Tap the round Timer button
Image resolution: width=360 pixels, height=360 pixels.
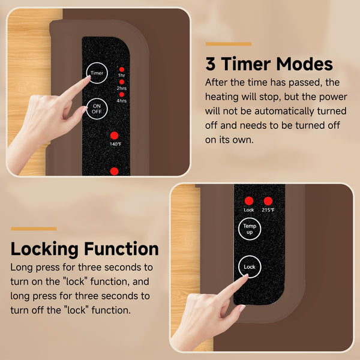coord(97,73)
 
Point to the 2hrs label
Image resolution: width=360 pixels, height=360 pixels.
coord(122,88)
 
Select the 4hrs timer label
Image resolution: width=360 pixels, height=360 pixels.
coord(122,100)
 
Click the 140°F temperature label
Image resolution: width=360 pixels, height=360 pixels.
coord(115,145)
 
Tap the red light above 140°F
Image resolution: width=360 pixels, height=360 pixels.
coord(115,136)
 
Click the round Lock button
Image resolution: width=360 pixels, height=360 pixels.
coord(249,266)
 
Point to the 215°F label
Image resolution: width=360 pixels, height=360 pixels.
coord(268,210)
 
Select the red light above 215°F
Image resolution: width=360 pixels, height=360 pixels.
coord(268,201)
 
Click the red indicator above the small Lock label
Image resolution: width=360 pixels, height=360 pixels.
coord(249,201)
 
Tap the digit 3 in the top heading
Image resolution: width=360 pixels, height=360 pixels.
coord(211,64)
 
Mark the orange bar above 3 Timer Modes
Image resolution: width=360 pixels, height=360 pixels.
coord(228,44)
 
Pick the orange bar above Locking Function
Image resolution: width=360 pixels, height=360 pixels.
coord(34,229)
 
